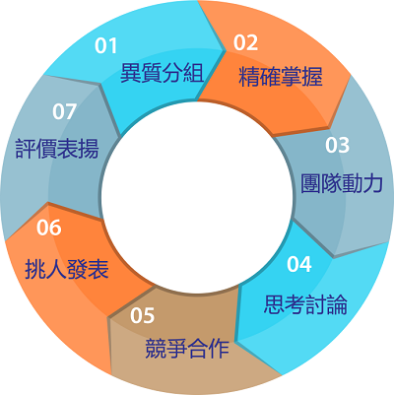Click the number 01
(106, 46)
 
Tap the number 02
(245, 42)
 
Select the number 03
(337, 145)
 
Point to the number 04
(299, 264)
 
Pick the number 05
(142, 315)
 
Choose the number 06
(49, 228)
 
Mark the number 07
(65, 111)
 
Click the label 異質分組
(163, 73)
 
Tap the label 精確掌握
(281, 77)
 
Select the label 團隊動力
(342, 183)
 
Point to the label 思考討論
(305, 304)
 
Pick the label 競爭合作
(187, 348)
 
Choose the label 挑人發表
(67, 269)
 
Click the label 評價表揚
(57, 149)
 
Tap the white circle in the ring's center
(197, 196)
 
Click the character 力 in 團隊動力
(373, 183)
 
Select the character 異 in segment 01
(131, 73)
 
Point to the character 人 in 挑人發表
(56, 269)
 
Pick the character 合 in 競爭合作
(197, 348)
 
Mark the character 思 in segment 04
(275, 304)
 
